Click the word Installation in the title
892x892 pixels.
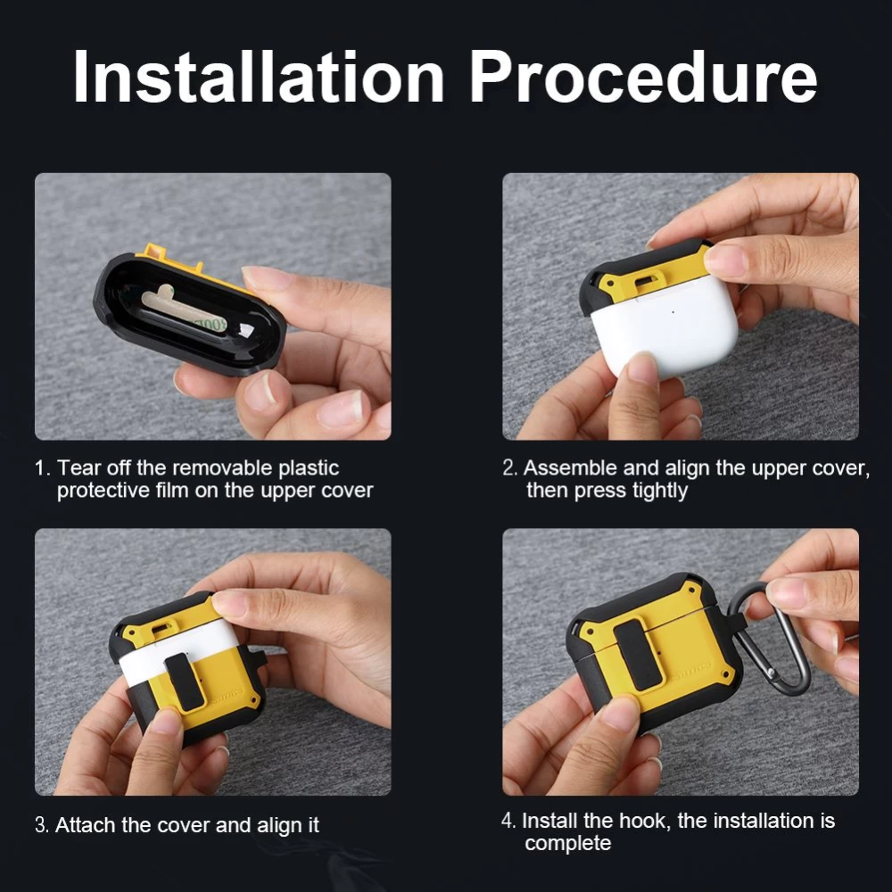tap(259, 76)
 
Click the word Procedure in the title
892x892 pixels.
tap(643, 76)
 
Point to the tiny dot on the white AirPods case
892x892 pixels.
tap(673, 311)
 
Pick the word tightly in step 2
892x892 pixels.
tap(660, 491)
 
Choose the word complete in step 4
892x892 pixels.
tap(567, 844)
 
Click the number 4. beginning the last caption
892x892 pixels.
tap(508, 821)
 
